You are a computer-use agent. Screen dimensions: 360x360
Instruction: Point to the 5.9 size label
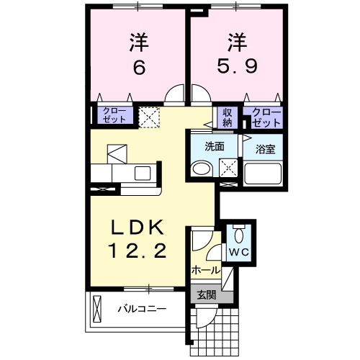click(x=235, y=67)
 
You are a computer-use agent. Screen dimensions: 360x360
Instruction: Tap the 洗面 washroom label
click(x=215, y=146)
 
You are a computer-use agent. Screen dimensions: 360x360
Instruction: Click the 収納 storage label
click(x=226, y=117)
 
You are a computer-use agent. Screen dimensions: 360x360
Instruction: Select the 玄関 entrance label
click(x=206, y=294)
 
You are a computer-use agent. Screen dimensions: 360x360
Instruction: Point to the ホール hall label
click(x=205, y=270)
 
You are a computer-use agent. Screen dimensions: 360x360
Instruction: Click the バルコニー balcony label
click(x=143, y=309)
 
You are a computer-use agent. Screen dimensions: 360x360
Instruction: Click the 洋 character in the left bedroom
click(x=139, y=41)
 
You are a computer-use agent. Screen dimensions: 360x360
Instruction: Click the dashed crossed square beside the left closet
click(x=150, y=117)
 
